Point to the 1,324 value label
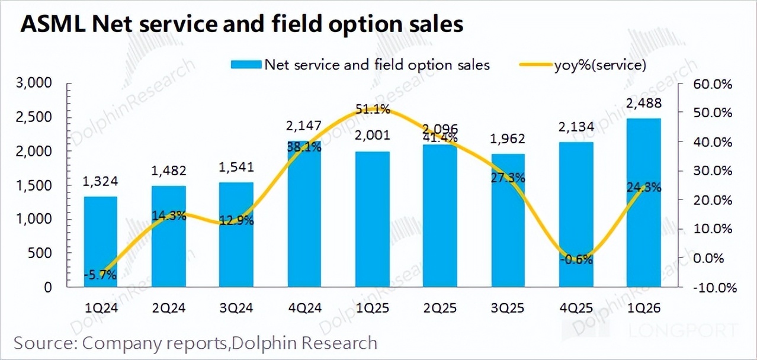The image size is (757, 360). pyautogui.click(x=100, y=183)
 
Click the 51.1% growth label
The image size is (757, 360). pyautogui.click(x=373, y=109)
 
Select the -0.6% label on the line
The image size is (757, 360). pyautogui.click(x=576, y=259)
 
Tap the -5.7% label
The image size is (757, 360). pyautogui.click(x=100, y=274)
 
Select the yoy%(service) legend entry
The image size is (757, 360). pyautogui.click(x=599, y=65)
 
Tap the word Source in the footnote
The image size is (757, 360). pyautogui.click(x=44, y=342)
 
